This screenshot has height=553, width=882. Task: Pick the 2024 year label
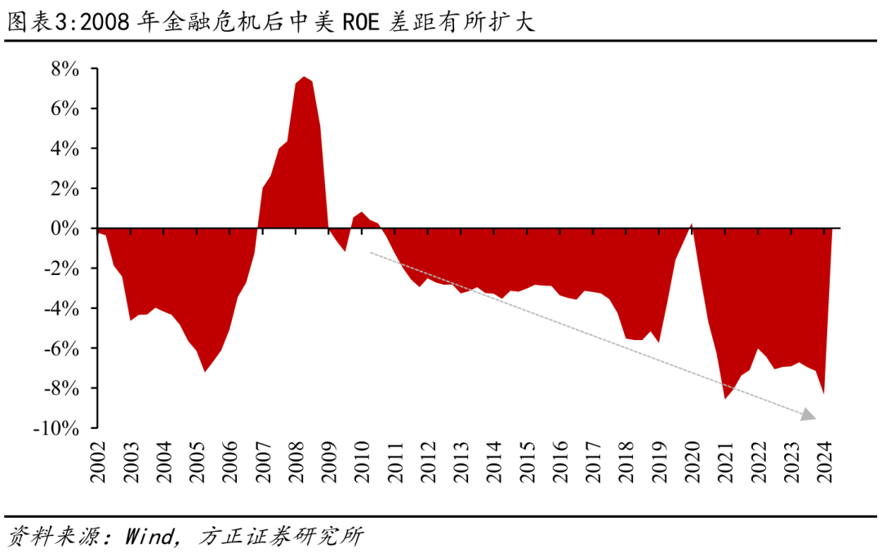click(825, 462)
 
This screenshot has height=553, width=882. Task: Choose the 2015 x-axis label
click(528, 462)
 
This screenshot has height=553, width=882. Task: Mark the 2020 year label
click(693, 462)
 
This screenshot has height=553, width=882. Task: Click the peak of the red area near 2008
click(303, 77)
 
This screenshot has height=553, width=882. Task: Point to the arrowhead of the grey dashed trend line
click(808, 416)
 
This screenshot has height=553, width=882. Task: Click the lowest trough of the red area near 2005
click(204, 371)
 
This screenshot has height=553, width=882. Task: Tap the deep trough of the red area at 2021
click(724, 398)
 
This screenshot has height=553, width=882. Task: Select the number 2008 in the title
click(103, 21)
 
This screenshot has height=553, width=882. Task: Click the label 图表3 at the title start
click(36, 21)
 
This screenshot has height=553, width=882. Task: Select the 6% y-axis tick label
click(66, 108)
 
